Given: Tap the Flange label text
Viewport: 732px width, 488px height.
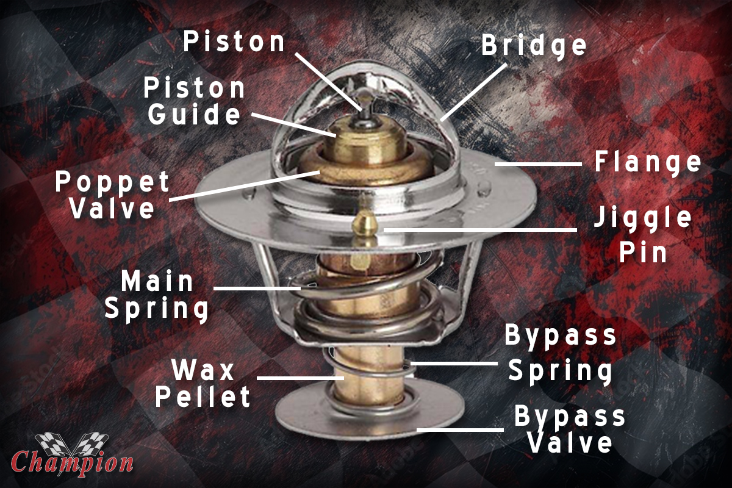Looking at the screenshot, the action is tap(648, 162).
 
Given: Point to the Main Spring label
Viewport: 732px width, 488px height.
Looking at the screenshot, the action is tap(157, 296).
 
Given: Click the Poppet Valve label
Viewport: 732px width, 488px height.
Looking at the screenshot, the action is tap(112, 195).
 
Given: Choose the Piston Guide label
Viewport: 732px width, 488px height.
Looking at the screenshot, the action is tap(195, 101).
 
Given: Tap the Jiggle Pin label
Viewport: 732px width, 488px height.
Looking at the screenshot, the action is tap(643, 235).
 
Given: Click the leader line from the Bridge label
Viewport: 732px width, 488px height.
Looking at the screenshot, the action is tap(473, 93).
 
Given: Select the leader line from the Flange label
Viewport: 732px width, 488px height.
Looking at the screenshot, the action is tap(538, 163).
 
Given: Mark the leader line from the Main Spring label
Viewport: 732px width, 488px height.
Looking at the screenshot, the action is tap(257, 289).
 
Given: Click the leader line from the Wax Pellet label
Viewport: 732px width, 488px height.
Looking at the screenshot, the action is tap(301, 378).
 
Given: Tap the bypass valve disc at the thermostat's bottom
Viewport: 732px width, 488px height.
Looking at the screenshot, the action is tap(369, 412).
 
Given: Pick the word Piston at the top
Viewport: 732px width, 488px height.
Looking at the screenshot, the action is tap(234, 41).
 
